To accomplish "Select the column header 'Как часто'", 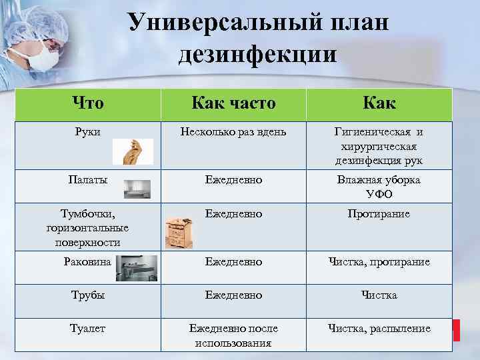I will pyautogui.click(x=233, y=103).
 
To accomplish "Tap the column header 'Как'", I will pyautogui.click(x=379, y=103).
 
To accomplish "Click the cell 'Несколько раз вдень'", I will pyautogui.click(x=233, y=132).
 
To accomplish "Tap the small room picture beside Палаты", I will pyautogui.click(x=137, y=189).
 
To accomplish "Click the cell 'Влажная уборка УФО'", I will pyautogui.click(x=379, y=187).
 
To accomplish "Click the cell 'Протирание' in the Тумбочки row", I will pyautogui.click(x=379, y=214).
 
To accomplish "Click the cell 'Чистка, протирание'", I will pyautogui.click(x=379, y=262).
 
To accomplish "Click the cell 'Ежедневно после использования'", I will pyautogui.click(x=233, y=335).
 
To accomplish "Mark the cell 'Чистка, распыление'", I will pyautogui.click(x=379, y=328).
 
